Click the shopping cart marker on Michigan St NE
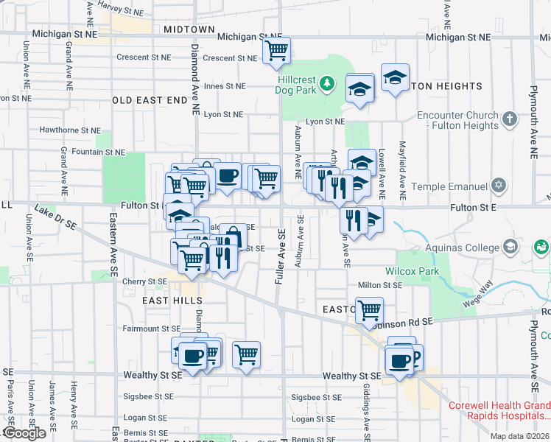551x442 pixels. tap(276, 51)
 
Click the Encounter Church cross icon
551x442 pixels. tap(508, 119)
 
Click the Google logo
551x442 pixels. tap(24, 433)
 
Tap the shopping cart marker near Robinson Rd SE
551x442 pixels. tap(368, 309)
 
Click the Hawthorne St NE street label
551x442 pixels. tap(70, 130)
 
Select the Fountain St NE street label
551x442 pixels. tap(99, 152)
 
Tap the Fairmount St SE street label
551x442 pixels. tap(151, 329)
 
